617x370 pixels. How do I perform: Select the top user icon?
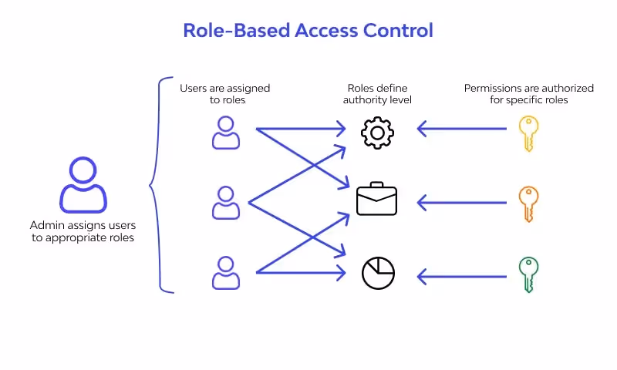(x=226, y=133)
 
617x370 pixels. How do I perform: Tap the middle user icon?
(x=226, y=202)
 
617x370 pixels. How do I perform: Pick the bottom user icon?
(x=226, y=273)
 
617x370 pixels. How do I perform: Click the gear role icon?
(x=377, y=133)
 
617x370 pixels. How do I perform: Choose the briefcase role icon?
(x=377, y=199)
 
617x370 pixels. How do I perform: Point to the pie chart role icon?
(x=378, y=273)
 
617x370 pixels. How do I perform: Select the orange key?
(x=528, y=203)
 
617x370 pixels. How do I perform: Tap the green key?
(x=528, y=274)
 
